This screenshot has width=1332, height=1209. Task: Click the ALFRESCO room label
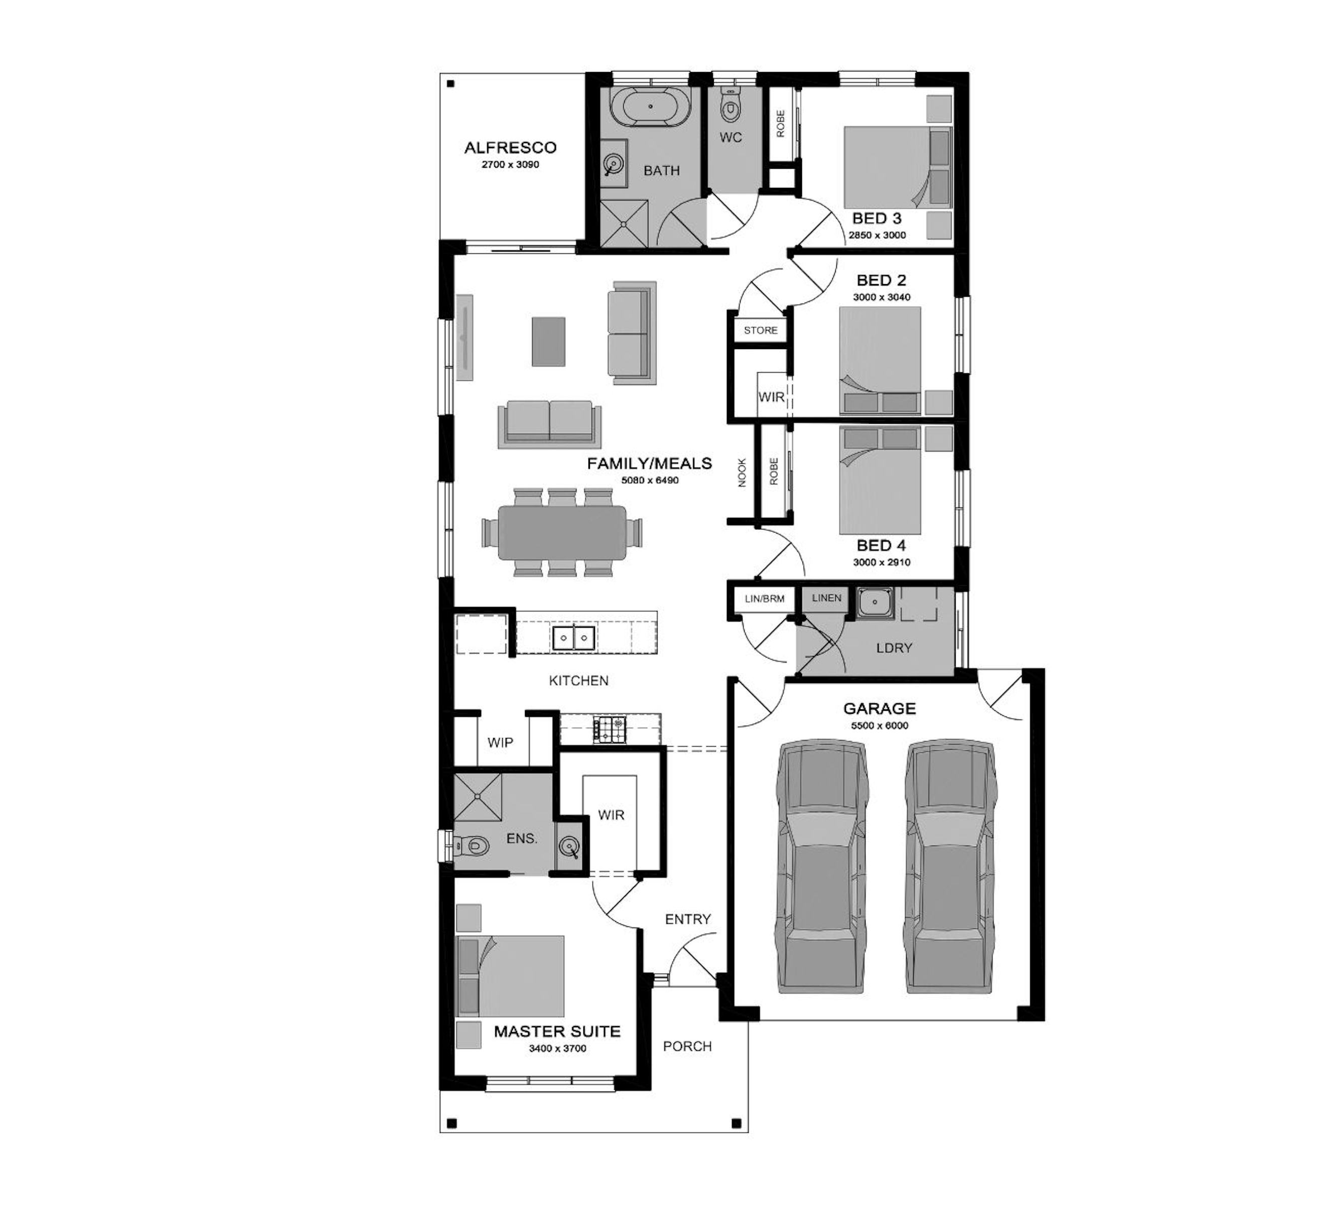click(510, 147)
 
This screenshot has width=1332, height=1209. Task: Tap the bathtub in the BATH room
click(651, 106)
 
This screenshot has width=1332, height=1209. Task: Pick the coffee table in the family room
click(549, 342)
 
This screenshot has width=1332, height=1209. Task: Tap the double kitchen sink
click(573, 638)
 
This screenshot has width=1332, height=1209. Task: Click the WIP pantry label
click(500, 743)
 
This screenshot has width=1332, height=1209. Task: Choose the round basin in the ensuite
click(569, 846)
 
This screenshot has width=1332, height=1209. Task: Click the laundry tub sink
click(875, 602)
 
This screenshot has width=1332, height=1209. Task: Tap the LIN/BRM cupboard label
click(764, 598)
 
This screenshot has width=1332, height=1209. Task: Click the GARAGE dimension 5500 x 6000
click(880, 725)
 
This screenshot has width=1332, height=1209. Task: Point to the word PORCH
click(687, 1046)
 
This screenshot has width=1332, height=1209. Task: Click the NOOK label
click(742, 473)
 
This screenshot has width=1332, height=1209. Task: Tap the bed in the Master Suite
click(510, 976)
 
